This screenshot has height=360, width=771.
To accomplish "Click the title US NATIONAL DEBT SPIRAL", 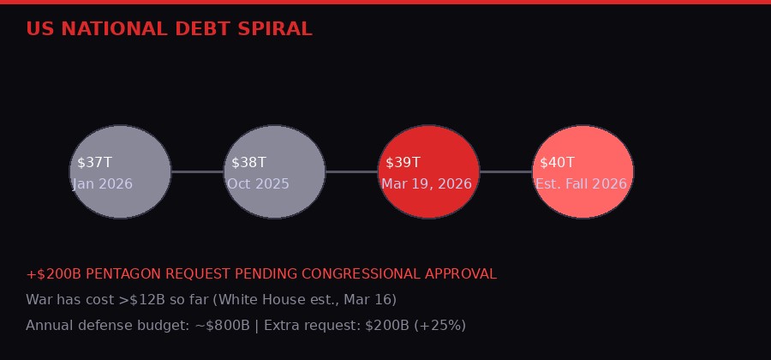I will (x=169, y=29).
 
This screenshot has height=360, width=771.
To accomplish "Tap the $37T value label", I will (x=94, y=163).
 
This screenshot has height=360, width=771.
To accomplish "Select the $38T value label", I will (x=248, y=163).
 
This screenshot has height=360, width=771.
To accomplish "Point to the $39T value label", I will (x=403, y=163).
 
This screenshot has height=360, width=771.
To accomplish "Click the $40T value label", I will (x=557, y=163).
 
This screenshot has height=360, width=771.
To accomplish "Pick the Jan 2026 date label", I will (x=103, y=184).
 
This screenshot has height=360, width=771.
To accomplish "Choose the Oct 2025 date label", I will (x=258, y=184).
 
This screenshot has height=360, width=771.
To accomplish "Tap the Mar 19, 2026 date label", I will (x=427, y=184).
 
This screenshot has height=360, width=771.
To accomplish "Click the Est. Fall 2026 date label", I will (x=581, y=184).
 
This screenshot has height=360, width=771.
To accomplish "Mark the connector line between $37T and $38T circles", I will (x=197, y=172).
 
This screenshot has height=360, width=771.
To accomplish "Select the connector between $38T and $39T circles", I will (x=351, y=172).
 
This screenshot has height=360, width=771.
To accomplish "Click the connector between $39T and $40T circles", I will (x=505, y=172).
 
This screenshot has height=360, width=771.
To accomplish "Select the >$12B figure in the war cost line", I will (x=140, y=300).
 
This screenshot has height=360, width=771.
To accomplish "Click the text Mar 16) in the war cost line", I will (x=371, y=300).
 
